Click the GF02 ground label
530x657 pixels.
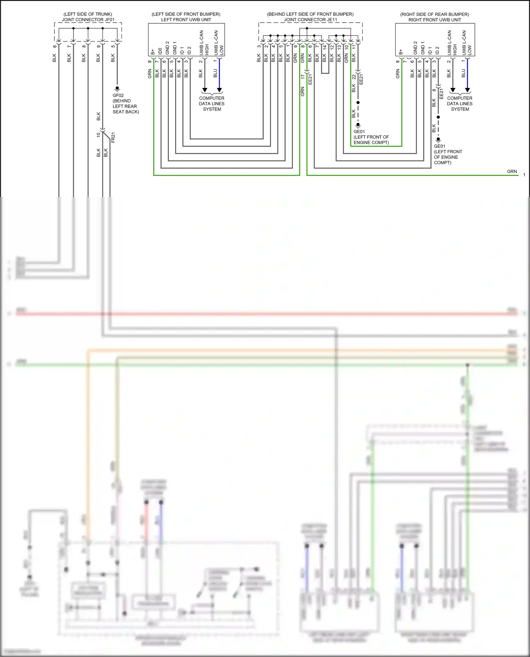[118, 95]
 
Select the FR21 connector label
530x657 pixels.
[113, 138]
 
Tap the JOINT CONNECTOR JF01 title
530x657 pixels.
[88, 20]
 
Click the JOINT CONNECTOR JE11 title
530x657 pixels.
[311, 20]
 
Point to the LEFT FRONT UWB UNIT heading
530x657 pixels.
[186, 20]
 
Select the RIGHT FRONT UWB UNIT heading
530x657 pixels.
[435, 20]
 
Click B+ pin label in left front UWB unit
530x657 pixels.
[153, 52]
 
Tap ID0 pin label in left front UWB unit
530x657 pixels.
[160, 51]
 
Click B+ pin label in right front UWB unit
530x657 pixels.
[401, 52]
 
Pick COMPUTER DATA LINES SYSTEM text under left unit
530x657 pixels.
[212, 104]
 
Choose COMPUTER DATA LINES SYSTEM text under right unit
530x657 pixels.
[460, 104]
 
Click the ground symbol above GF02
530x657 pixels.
[117, 89]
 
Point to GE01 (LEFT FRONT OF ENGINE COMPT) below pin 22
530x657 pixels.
[371, 137]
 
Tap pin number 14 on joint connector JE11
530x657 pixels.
[325, 47]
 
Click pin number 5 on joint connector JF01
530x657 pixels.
[113, 46]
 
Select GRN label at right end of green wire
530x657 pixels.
[512, 172]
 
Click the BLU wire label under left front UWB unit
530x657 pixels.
[215, 73]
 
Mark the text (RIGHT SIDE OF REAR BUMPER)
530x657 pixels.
[435, 14]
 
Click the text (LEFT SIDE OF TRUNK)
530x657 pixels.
[88, 14]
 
